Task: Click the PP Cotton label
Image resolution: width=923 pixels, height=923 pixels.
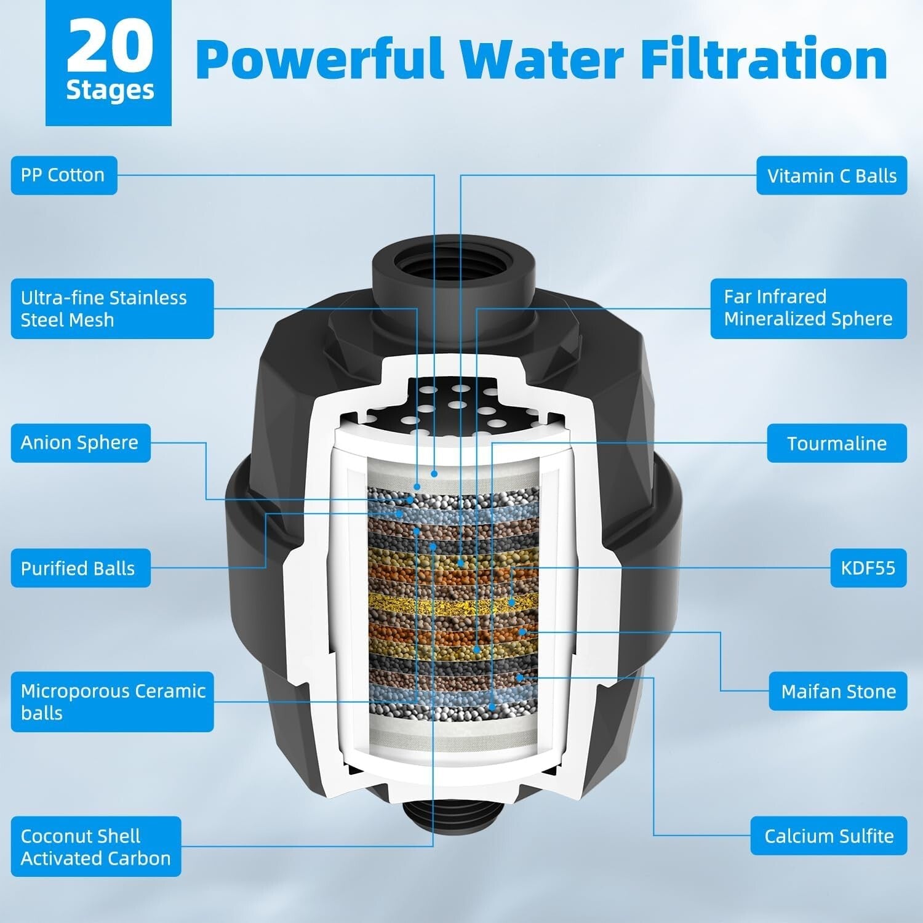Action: point(64,175)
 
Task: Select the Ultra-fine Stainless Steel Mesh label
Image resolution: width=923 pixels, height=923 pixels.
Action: point(112,309)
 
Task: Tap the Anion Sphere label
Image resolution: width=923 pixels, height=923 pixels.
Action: point(81,443)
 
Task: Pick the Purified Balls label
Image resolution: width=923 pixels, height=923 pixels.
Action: point(81,568)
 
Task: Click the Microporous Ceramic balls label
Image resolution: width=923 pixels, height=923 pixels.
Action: point(112,702)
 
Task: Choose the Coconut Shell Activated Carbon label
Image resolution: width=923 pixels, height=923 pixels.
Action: point(96,847)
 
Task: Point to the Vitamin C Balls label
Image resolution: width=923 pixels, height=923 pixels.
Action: point(831,176)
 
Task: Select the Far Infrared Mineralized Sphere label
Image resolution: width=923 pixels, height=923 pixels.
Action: point(809,308)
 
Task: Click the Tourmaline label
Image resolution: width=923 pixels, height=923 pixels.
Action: point(837,443)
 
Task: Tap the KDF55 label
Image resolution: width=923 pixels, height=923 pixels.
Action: point(868,568)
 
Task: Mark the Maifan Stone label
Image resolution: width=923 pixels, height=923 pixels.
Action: point(838,691)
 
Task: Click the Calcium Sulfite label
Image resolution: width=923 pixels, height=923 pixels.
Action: point(829,836)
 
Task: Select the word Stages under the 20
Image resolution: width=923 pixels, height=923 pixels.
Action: point(110,90)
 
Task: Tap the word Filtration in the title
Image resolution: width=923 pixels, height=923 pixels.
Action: point(764,59)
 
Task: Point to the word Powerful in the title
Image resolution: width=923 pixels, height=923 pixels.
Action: point(320,59)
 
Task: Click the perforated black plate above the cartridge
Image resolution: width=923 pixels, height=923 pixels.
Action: point(452,406)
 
